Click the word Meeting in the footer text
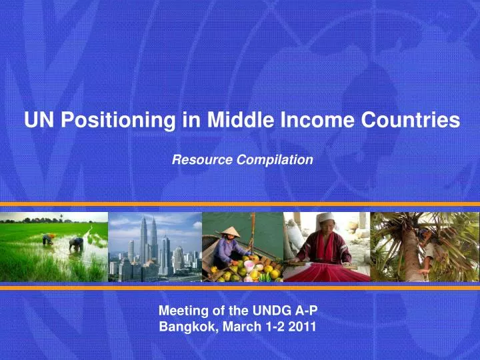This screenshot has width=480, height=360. pos(181,310)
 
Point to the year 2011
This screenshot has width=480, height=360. pos(303,327)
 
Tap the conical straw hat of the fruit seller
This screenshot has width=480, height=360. pos(231,231)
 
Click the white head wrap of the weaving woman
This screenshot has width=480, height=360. pos(325,218)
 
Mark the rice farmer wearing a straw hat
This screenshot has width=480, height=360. pos(48,238)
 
